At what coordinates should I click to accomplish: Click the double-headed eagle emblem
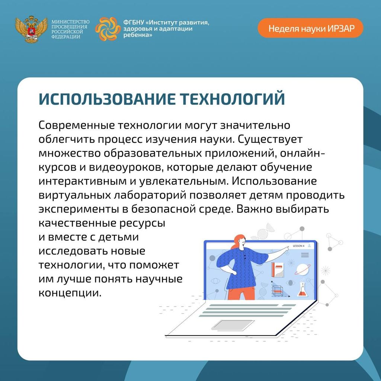31,29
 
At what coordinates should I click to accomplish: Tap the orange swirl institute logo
108,29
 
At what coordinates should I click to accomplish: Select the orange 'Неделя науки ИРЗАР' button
311,28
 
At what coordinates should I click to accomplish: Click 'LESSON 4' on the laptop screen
298,246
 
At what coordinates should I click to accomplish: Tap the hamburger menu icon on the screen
305,255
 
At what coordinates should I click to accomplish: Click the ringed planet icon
302,269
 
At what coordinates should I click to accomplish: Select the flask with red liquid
302,289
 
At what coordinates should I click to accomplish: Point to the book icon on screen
278,270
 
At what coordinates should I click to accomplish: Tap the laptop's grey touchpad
233,326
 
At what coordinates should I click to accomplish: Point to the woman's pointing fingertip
289,247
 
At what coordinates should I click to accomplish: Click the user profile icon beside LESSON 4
309,246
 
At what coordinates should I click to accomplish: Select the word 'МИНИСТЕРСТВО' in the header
70,22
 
